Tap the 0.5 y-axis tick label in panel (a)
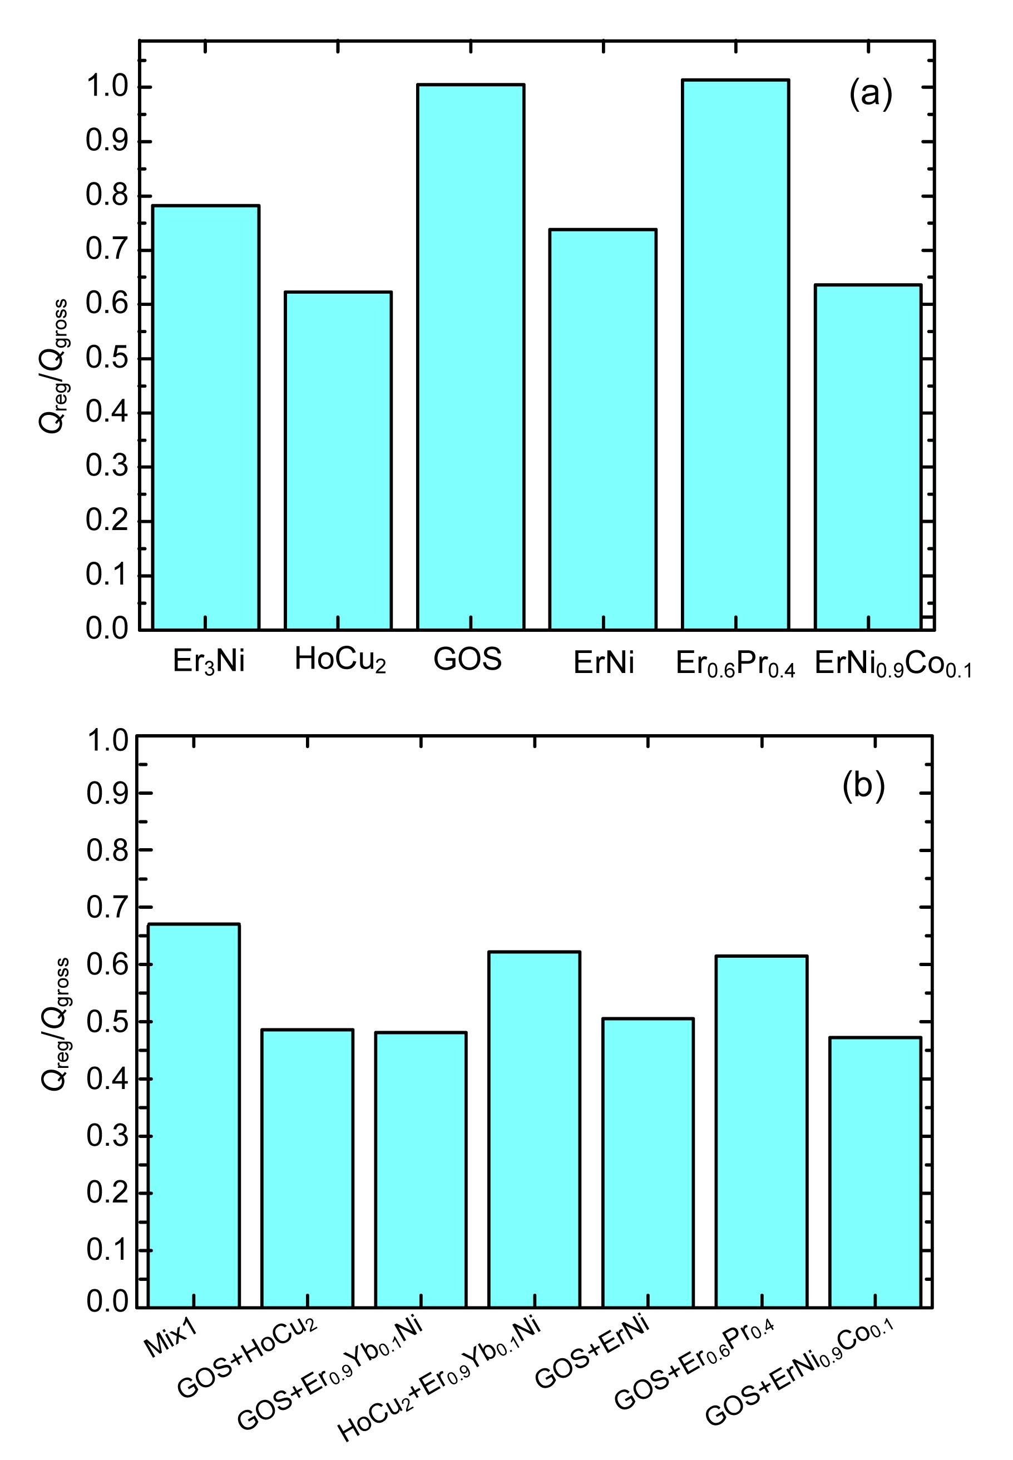(x=107, y=359)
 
